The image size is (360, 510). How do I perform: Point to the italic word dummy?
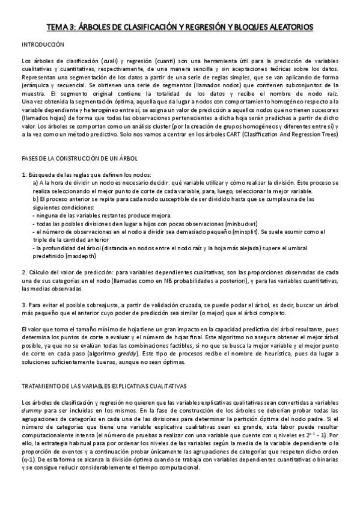click(x=31, y=410)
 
